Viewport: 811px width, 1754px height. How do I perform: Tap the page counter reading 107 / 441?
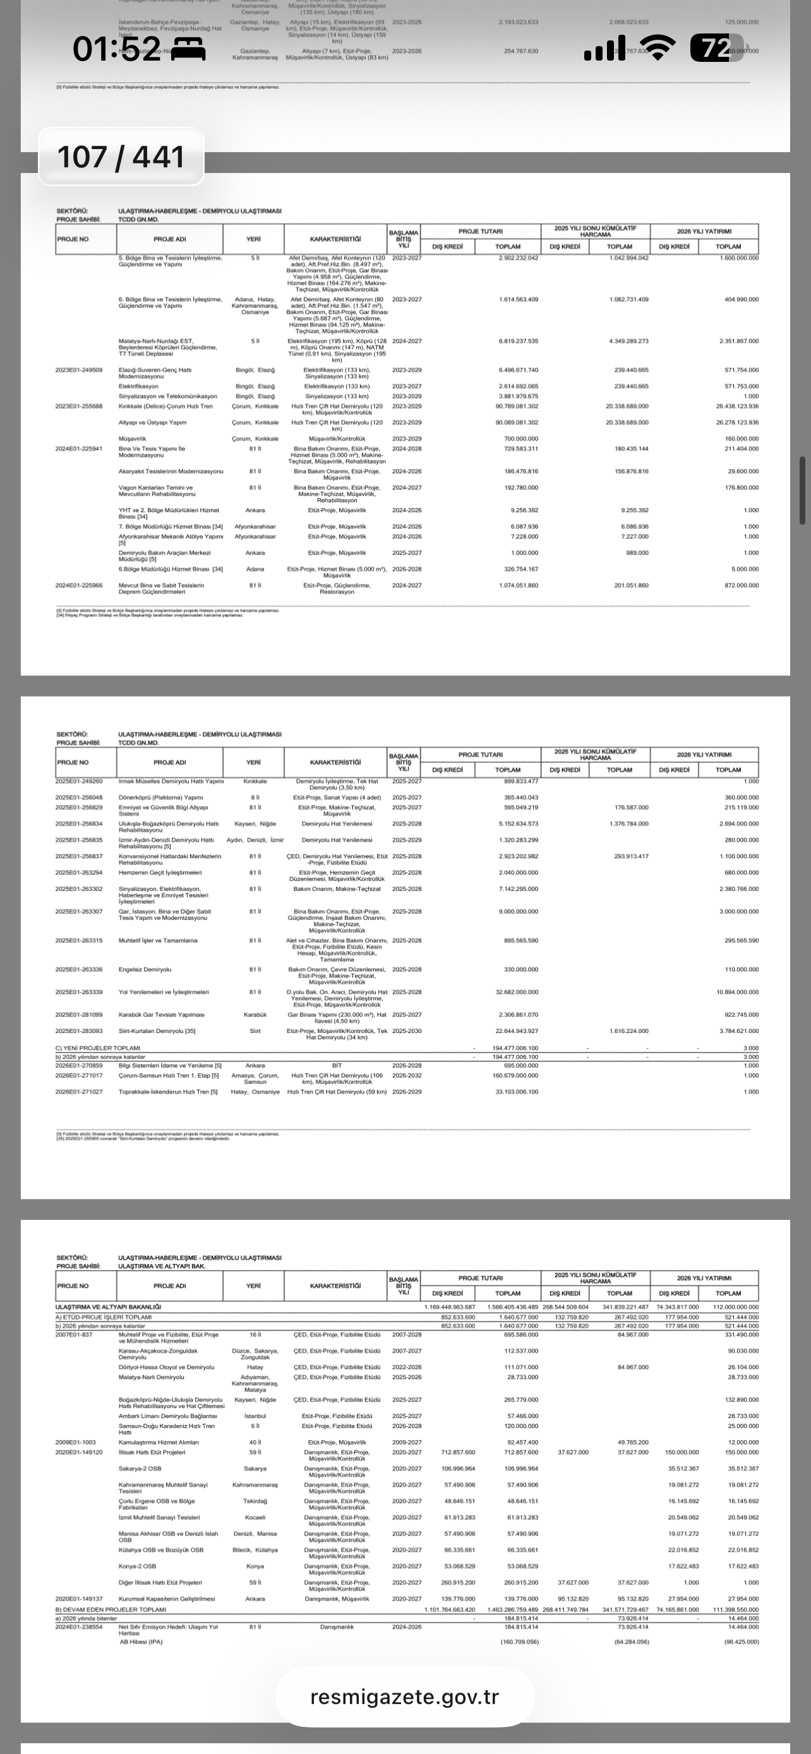tap(121, 157)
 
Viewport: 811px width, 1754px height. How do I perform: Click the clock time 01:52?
tap(116, 50)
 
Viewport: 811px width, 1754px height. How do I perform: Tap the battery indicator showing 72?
tap(714, 49)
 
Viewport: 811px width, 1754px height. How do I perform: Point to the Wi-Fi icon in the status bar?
tap(657, 49)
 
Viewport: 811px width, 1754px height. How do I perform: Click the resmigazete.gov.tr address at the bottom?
tap(404, 1696)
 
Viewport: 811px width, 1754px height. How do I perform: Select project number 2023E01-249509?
tap(79, 370)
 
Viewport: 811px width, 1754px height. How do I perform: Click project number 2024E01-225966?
tap(79, 585)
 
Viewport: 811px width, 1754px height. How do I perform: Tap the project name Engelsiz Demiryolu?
tap(145, 969)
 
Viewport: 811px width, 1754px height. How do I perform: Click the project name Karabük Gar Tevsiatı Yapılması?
tap(162, 1015)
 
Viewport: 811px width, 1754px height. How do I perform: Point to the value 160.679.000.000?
tap(515, 1075)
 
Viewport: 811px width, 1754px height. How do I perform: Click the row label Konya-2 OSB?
tap(138, 1566)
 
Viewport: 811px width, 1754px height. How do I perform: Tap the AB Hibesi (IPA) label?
tap(141, 1642)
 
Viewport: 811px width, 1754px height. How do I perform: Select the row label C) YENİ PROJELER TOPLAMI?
tap(97, 1048)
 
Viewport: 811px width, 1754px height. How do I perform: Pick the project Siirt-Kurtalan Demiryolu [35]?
tap(157, 1031)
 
